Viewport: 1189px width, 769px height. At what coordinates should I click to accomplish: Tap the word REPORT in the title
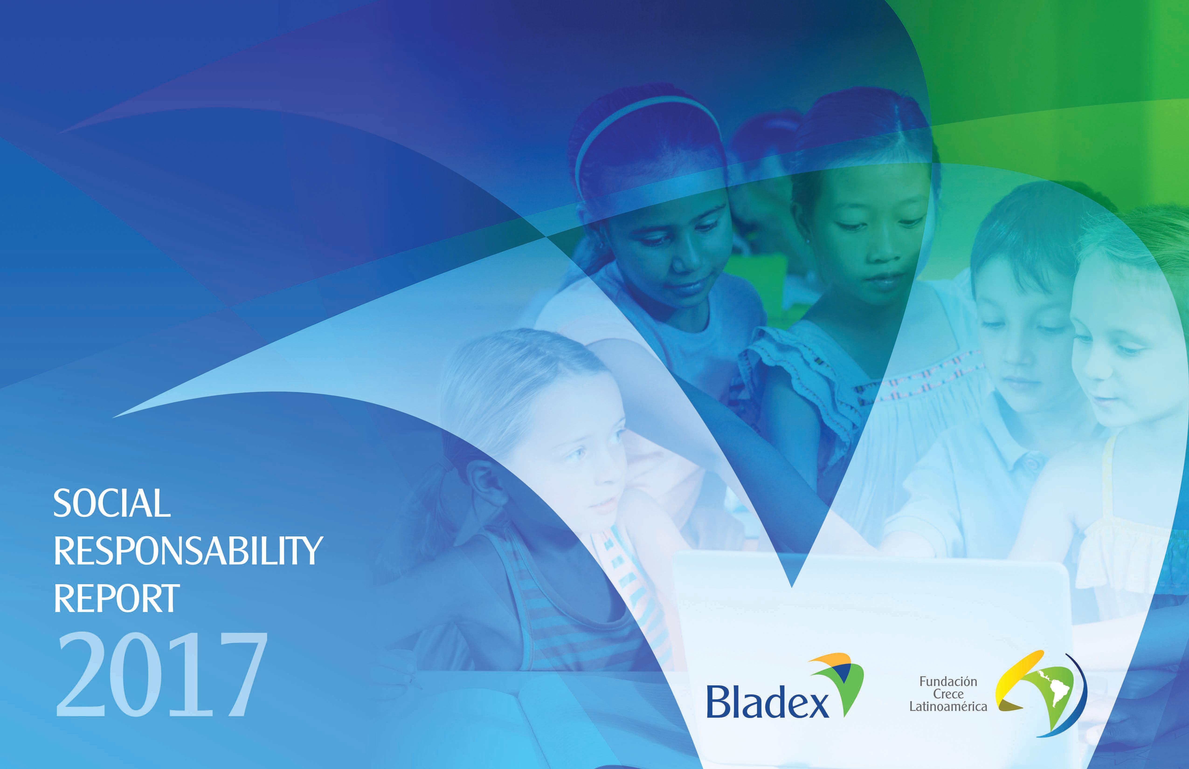[116, 598]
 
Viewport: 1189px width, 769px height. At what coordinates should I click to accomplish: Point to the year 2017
[161, 674]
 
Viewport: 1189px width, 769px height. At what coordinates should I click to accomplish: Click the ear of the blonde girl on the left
[487, 482]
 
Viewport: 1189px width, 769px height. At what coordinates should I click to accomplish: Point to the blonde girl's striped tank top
[574, 604]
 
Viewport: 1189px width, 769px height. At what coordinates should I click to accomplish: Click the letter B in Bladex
[718, 702]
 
